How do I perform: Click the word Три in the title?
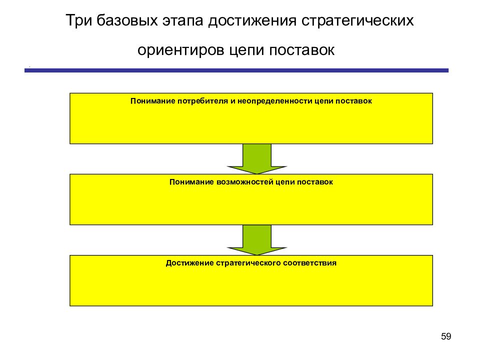[x=78, y=21]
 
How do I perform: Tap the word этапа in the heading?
[x=183, y=21]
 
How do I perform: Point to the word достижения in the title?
[x=252, y=21]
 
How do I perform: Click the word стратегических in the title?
[x=357, y=21]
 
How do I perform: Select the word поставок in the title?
[x=302, y=50]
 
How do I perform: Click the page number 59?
[x=446, y=336]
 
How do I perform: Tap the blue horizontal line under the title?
[x=236, y=70]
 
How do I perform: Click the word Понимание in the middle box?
[x=191, y=182]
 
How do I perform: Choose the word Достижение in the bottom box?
[x=190, y=263]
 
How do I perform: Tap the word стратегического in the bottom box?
[x=248, y=263]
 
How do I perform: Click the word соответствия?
[x=310, y=263]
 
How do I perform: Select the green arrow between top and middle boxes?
[x=257, y=159]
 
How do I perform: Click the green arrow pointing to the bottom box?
[x=257, y=240]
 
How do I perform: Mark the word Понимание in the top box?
[x=152, y=101]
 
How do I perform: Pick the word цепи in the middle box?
[x=285, y=182]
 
